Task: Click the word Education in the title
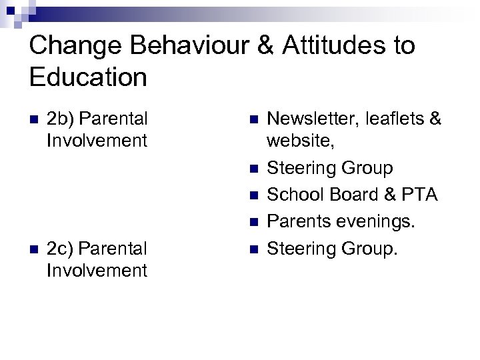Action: click(x=88, y=77)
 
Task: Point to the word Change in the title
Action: click(x=72, y=46)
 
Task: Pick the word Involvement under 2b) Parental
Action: click(x=97, y=141)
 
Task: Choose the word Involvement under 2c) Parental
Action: click(x=97, y=270)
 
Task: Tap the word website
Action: click(x=298, y=141)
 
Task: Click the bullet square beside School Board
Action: click(x=253, y=195)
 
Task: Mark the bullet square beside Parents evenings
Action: click(x=253, y=222)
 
